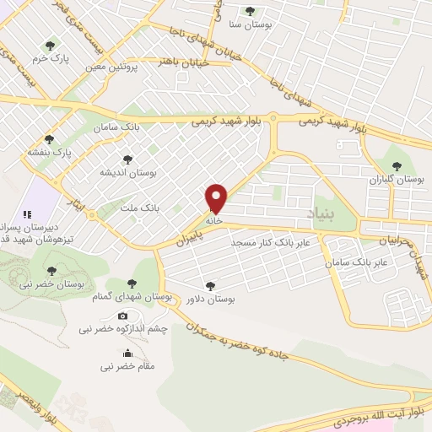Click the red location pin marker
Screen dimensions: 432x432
pos(217,197)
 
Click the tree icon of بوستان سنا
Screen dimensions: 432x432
pos(249,10)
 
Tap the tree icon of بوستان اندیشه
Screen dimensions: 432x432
pos(127,159)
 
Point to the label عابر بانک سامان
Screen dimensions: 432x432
pos(357,262)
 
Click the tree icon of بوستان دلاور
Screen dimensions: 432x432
pos(209,286)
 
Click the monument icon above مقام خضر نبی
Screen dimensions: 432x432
pos(127,353)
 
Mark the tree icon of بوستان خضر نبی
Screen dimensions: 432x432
pos(51,270)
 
